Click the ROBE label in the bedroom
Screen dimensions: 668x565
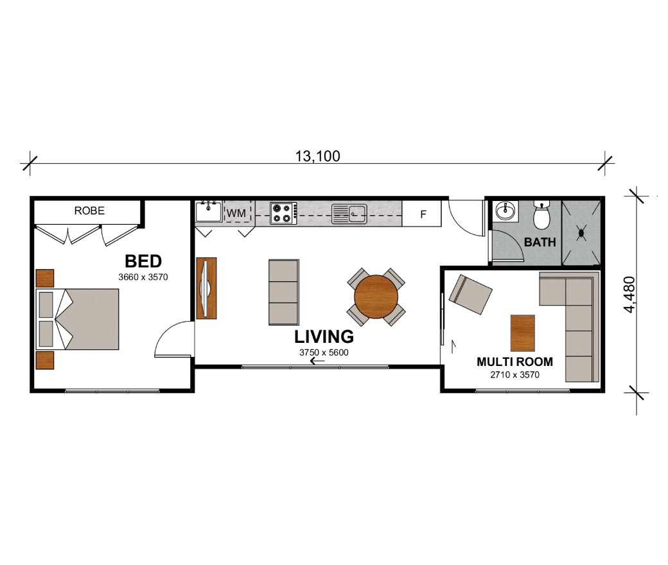coord(89,211)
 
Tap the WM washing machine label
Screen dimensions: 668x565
coord(236,213)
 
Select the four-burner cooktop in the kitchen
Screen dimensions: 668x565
coord(283,213)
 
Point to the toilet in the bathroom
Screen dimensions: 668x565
coord(542,216)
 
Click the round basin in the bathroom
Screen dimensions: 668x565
coord(505,211)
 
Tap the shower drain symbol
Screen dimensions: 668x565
coord(581,232)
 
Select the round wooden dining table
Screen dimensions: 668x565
coord(376,297)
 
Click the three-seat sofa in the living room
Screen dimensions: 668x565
coord(284,292)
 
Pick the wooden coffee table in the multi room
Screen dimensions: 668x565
coord(523,333)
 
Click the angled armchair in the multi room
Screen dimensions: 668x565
coord(470,294)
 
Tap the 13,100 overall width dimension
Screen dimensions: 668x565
coord(318,156)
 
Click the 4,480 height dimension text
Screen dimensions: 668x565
coord(629,295)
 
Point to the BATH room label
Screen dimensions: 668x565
coord(540,242)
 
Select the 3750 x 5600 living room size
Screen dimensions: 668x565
coord(324,352)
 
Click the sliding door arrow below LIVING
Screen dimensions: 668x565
coord(317,361)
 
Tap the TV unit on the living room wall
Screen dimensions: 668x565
coord(207,288)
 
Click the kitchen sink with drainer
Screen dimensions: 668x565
coord(349,214)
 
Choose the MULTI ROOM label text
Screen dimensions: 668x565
coord(514,362)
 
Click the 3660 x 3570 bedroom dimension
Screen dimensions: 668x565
coord(143,277)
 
